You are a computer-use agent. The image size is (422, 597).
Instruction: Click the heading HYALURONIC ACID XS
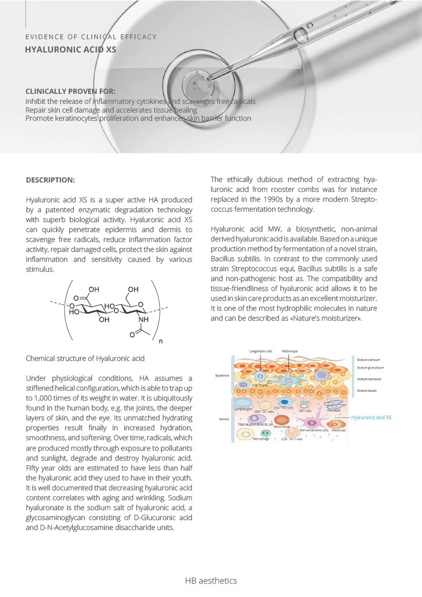70,50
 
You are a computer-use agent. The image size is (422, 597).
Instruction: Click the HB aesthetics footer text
211,581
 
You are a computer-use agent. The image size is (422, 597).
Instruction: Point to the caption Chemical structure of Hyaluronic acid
85,358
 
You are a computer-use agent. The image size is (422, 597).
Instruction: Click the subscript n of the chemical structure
160,341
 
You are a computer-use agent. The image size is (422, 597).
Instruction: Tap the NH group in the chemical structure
143,319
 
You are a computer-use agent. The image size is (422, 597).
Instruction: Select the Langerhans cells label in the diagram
261,352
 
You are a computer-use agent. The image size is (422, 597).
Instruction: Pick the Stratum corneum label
368,360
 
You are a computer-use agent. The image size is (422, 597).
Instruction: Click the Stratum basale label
367,389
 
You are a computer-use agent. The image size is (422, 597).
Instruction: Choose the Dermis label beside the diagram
220,419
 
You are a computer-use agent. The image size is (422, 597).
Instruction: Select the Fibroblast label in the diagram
333,410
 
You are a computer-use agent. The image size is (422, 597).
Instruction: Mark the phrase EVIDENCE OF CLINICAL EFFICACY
91,37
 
